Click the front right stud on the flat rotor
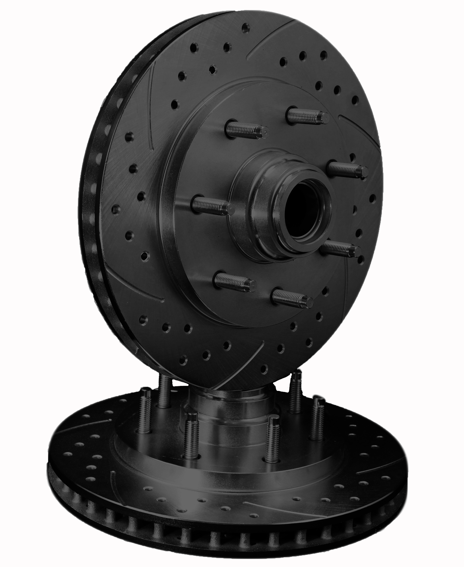(x=272, y=438)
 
